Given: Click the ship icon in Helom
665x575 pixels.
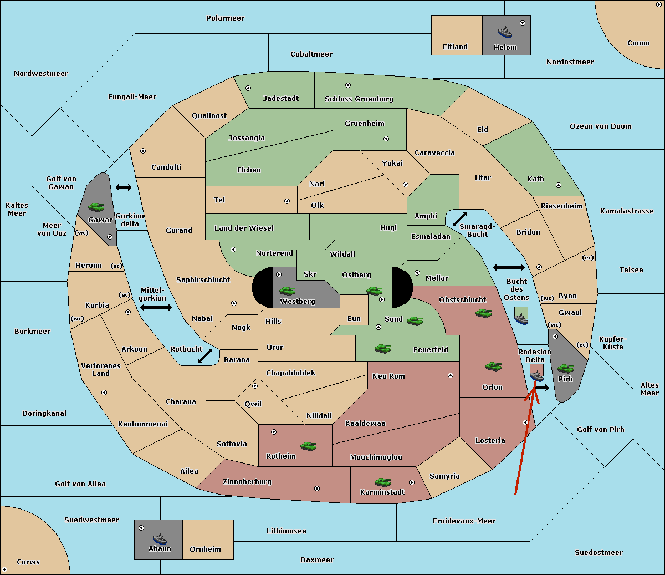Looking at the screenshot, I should tap(505, 32).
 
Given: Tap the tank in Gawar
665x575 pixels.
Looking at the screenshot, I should tap(96, 207).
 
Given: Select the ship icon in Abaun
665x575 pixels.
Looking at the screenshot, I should tap(160, 538).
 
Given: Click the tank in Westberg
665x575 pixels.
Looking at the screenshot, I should tap(287, 291).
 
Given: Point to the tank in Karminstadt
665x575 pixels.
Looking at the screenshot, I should tap(382, 482).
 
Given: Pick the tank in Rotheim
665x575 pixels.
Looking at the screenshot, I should tap(308, 446).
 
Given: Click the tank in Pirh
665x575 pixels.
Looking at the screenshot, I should tap(565, 368).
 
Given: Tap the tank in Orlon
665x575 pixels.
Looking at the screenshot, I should tap(493, 367).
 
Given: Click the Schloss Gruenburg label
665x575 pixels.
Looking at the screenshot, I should tap(359, 99).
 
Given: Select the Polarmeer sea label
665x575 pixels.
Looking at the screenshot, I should tap(225, 18).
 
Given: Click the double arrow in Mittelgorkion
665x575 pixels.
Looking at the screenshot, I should tap(156, 307).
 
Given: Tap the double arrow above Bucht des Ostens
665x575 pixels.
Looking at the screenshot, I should tap(508, 268).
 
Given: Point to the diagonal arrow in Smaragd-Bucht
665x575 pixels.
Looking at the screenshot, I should tap(459, 220).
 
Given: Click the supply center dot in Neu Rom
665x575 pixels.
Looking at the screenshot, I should tap(451, 375).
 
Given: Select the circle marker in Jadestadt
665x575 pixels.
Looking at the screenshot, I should tap(248, 88).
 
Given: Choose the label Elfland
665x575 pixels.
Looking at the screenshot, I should tap(455, 47).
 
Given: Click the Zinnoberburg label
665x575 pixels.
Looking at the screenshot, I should tap(247, 481).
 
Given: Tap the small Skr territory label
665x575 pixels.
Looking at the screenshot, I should tap(310, 274).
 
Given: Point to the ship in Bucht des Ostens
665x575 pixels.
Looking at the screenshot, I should tap(521, 318).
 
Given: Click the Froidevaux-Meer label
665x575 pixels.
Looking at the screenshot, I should tap(464, 521).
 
